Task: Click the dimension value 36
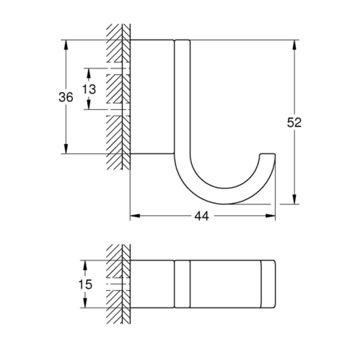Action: point(65,97)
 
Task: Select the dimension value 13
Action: point(89,89)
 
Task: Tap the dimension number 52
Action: point(294,122)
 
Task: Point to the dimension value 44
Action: point(201,216)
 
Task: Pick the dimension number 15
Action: point(85,284)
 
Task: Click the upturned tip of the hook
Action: point(268,154)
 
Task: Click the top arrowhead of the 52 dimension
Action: point(295,44)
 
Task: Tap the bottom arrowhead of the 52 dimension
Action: point(295,199)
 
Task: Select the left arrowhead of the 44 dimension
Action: point(135,215)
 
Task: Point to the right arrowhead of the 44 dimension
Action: point(271,215)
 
